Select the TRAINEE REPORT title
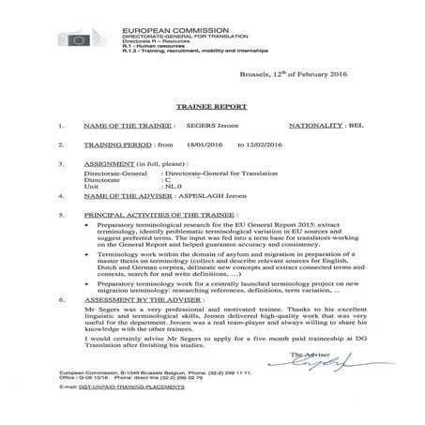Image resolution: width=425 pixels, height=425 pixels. [212, 106]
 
